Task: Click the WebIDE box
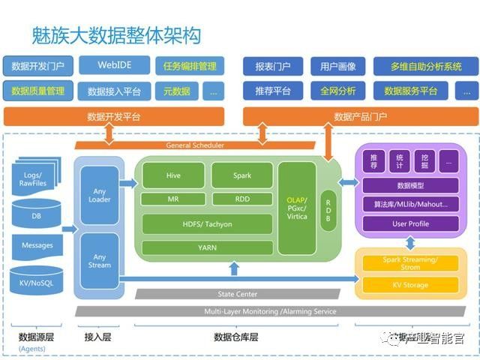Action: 115,65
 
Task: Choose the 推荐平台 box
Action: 272,91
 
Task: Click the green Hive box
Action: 173,175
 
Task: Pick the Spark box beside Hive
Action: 241,175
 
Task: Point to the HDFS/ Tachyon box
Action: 208,224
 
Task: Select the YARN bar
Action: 208,247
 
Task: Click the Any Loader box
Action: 100,195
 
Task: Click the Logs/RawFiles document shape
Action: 36,178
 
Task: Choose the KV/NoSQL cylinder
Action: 36,282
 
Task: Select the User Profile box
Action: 410,223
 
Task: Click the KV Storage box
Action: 410,285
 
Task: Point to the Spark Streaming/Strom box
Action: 410,262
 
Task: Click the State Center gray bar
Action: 237,294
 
